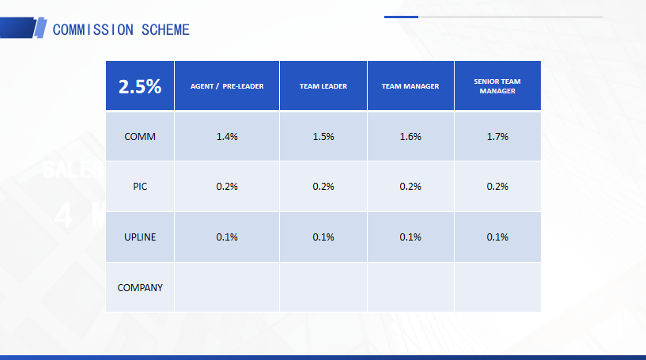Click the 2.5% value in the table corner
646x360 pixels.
[140, 86]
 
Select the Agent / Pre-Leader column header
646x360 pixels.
[227, 86]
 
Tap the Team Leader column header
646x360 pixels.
[323, 86]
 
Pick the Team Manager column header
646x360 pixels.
[410, 86]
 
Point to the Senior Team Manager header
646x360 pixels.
[497, 86]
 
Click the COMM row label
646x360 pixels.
[140, 137]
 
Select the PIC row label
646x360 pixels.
[140, 187]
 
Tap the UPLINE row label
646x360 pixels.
[140, 237]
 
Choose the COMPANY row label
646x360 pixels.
[140, 287]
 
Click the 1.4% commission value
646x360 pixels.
[227, 137]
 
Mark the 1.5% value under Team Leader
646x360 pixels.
[323, 137]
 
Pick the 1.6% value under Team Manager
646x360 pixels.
[410, 137]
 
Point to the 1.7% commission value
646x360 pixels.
[497, 137]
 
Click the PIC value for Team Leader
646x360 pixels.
[323, 187]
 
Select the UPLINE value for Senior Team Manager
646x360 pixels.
[497, 237]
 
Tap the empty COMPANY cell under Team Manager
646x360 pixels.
[410, 287]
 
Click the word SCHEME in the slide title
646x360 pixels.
[165, 30]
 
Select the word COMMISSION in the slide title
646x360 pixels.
[93, 30]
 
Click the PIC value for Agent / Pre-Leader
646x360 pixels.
[227, 187]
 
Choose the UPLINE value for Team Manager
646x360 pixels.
[410, 237]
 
